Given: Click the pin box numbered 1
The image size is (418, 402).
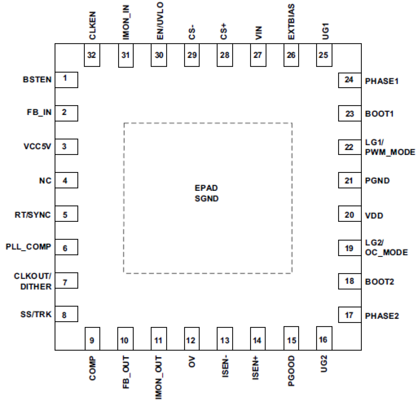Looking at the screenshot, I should pos(66,80).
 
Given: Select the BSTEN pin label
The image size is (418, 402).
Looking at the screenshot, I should pos(37,80).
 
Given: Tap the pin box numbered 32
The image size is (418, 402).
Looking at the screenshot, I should pos(92,55).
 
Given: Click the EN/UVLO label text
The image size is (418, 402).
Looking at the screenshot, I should pos(160,21).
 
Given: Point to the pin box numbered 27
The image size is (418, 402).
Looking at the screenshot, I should pos(258,55).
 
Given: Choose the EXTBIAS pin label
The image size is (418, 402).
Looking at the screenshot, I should pos(291,22).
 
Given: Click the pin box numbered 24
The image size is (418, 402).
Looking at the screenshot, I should pos(349,80).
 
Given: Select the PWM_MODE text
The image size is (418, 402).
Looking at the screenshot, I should pos(390,152).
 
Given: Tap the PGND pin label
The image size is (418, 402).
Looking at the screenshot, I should pos(377,181).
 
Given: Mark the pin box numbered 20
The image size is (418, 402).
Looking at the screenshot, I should pos(349,214).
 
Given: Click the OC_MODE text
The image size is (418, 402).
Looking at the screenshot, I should pos(386,252).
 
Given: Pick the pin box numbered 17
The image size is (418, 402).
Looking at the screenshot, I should pos(349,315).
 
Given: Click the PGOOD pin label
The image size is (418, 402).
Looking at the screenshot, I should pos(291,371).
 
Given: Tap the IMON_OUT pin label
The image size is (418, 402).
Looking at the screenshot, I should pos(158,377).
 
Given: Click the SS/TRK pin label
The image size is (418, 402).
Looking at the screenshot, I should pos(36,314).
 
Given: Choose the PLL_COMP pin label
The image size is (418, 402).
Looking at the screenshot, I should pos(28,247).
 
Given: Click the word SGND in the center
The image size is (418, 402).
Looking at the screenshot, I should pos(206,199).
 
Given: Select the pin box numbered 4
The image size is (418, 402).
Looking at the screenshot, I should pos(66,180).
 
